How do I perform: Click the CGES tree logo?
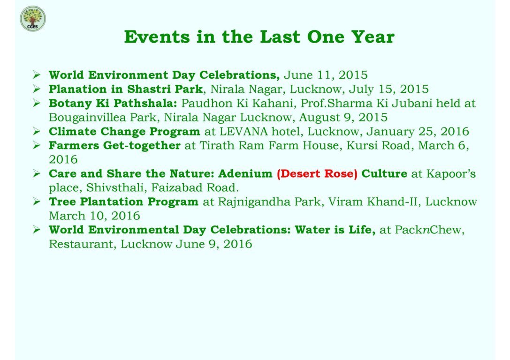click(33, 19)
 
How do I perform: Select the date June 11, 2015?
click(326, 75)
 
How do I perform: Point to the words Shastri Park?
click(165, 89)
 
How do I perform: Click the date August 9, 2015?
click(343, 117)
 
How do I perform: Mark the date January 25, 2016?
click(418, 132)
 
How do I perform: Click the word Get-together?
click(142, 146)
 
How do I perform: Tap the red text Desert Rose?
click(317, 174)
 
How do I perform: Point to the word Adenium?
click(245, 173)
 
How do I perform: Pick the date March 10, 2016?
click(94, 216)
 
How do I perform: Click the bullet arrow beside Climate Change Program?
click(37, 132)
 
